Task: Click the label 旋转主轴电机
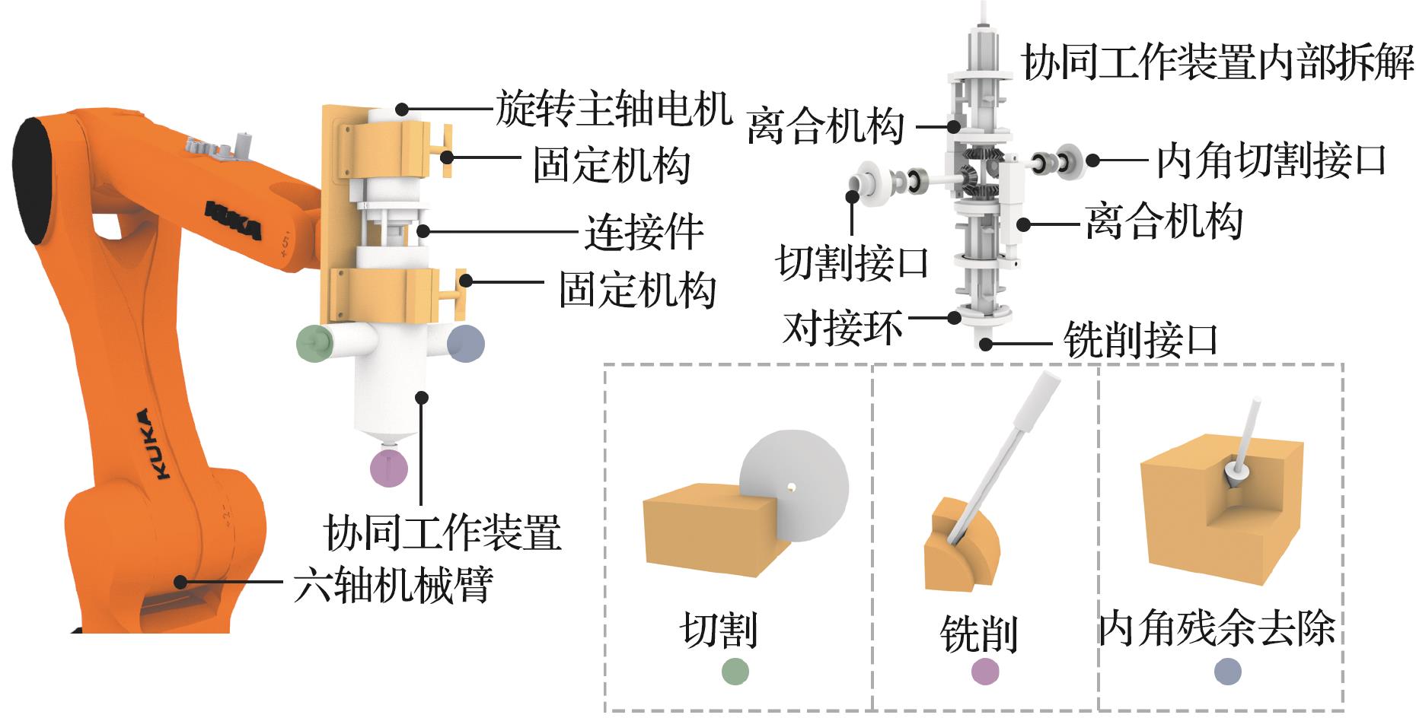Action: point(614,109)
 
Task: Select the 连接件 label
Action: point(643,232)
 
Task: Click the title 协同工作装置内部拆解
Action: point(1217,62)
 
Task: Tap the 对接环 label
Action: point(843,327)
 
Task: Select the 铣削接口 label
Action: point(1140,340)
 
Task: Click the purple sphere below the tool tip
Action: point(388,467)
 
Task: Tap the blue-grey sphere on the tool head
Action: point(465,342)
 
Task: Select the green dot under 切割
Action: point(735,671)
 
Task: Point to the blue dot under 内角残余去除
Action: point(1227,671)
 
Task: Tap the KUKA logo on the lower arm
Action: point(151,444)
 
